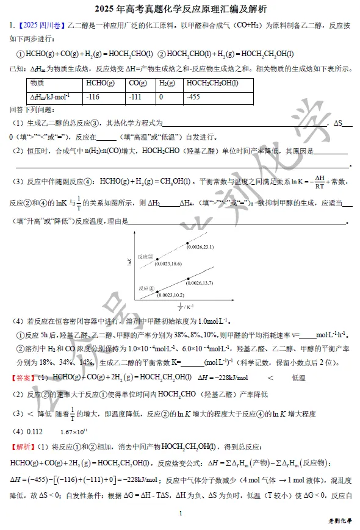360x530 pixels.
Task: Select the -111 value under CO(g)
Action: click(135, 96)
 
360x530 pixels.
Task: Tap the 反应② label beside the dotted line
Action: click(146, 257)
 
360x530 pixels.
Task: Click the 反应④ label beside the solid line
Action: click(146, 288)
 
